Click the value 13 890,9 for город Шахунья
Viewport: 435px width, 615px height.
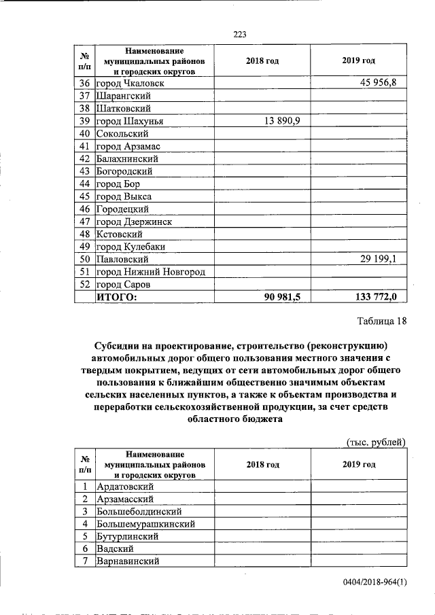pyautogui.click(x=282, y=121)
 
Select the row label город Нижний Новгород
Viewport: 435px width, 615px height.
pyautogui.click(x=151, y=272)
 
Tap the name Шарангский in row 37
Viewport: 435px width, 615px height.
pyautogui.click(x=124, y=96)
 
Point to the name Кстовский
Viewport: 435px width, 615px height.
pyautogui.click(x=122, y=234)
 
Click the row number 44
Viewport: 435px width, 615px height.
pyautogui.click(x=85, y=184)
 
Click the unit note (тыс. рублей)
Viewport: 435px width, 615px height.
pyautogui.click(x=376, y=442)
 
